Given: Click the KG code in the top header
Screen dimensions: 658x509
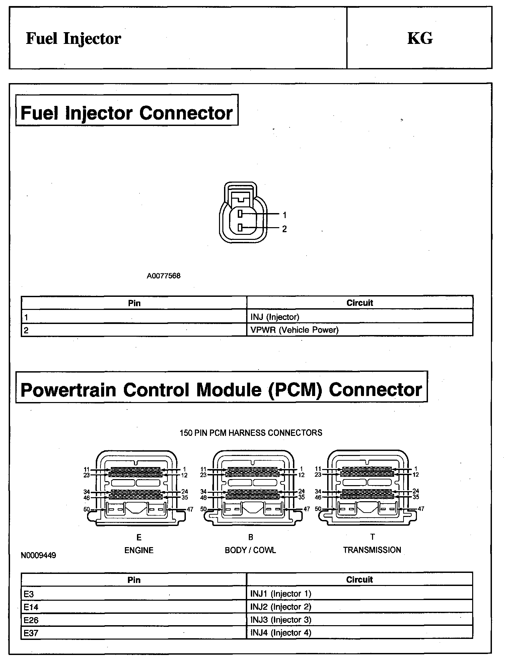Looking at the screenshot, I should (420, 38).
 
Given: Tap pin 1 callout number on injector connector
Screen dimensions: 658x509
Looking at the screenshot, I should (285, 215).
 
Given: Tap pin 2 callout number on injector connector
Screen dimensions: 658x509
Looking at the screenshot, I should (285, 229).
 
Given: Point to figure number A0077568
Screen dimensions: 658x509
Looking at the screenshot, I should (163, 276).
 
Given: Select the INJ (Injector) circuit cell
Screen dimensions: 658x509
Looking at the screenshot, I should (275, 317).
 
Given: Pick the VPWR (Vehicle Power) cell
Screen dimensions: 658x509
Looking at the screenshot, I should (294, 330).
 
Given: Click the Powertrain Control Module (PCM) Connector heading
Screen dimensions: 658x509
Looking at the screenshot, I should (221, 390).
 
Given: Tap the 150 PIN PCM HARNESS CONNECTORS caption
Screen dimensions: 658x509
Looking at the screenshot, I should (251, 433).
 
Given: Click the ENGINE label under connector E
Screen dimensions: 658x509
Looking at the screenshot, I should (139, 550).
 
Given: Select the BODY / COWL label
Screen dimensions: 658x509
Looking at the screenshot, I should (250, 550).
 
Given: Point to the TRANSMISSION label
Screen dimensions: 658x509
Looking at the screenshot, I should (372, 550).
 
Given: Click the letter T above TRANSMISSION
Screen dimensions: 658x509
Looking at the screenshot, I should (372, 537).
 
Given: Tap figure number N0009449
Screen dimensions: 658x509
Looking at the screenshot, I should (38, 555).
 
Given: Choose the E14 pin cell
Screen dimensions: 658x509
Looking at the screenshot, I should (31, 607).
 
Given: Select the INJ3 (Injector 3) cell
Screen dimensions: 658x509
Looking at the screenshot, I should (281, 620).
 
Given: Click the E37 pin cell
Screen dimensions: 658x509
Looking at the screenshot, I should (31, 633).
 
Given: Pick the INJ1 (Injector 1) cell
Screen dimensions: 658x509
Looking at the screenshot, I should (281, 594).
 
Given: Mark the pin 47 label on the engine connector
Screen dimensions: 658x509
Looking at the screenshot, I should (190, 509).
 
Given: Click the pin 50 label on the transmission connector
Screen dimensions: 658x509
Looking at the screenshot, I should (318, 509).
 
